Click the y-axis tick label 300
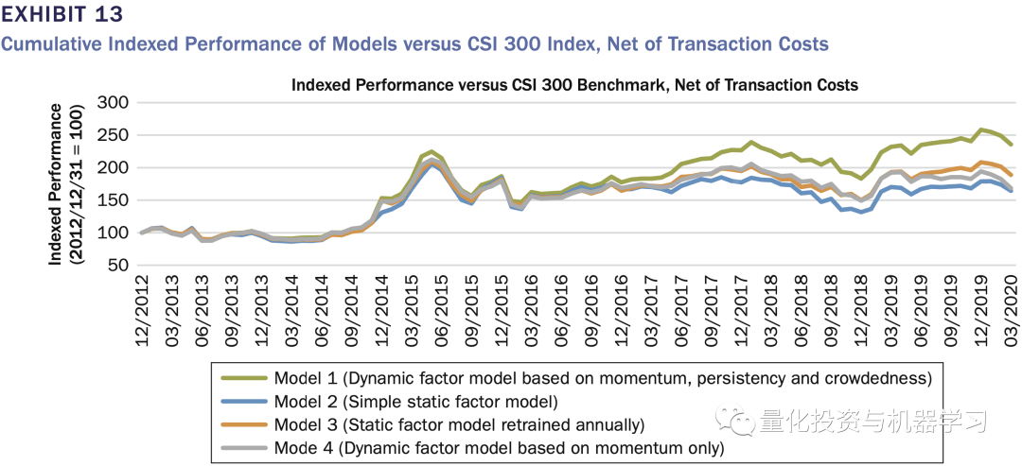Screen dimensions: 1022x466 click(x=114, y=103)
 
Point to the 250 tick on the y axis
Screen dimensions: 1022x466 click(x=114, y=136)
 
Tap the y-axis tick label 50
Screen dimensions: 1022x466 click(x=119, y=266)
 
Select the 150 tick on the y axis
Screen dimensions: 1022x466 click(x=114, y=200)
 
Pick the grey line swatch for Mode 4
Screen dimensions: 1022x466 click(x=244, y=448)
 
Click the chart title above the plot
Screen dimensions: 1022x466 click(x=574, y=85)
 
